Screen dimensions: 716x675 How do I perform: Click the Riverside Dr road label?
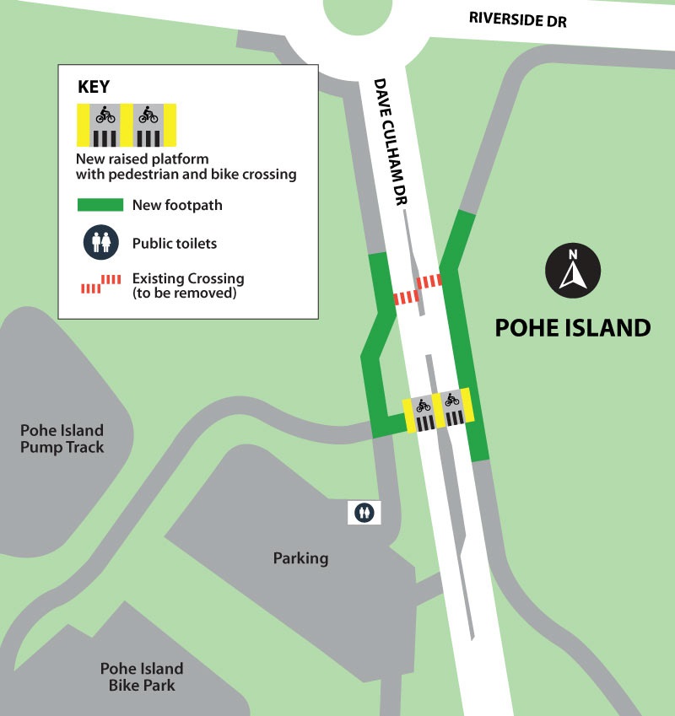(x=517, y=19)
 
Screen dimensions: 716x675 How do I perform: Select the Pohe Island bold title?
(x=572, y=327)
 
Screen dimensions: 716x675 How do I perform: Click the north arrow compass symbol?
(x=572, y=271)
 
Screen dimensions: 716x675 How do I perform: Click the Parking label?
(x=300, y=558)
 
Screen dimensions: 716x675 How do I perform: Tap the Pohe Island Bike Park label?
(x=141, y=676)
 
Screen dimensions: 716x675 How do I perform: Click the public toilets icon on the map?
(x=364, y=511)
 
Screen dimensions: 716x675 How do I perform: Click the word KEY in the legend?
(x=94, y=86)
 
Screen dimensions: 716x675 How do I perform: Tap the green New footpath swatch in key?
(x=99, y=205)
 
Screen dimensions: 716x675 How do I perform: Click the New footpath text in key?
(x=177, y=205)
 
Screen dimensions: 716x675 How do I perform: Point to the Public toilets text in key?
(x=175, y=244)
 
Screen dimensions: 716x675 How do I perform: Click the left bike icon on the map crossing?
(x=423, y=406)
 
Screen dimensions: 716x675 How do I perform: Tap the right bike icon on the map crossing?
(x=452, y=400)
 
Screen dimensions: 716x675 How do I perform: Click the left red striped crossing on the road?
(x=407, y=297)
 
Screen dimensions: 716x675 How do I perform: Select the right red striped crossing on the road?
(x=429, y=281)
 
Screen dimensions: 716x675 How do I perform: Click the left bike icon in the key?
(x=105, y=114)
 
